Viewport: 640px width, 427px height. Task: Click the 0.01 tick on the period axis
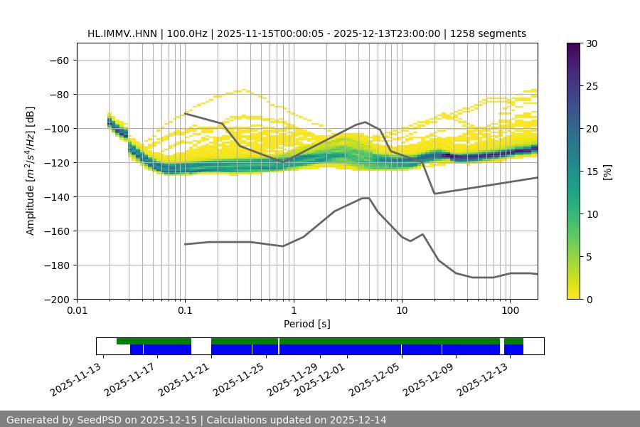77,310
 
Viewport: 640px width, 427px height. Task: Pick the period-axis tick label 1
293,310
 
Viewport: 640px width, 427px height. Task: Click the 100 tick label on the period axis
509,310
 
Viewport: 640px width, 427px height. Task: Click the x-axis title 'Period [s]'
307,324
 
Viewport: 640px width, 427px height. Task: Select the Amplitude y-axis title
31,171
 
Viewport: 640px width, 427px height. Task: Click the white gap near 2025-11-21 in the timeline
201,346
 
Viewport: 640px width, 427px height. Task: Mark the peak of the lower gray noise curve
366,198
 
